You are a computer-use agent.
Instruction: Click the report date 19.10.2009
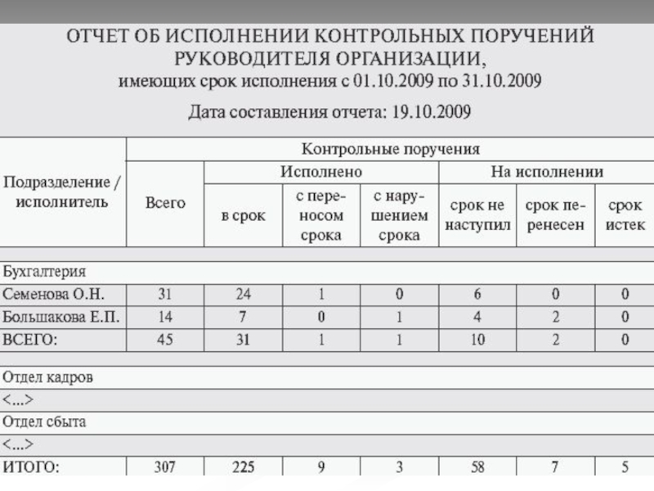pos(432,111)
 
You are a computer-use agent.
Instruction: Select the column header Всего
pos(165,202)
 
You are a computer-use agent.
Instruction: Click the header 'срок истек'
pos(625,215)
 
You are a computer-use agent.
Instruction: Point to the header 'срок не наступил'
pos(477,215)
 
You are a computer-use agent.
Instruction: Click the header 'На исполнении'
pos(547,172)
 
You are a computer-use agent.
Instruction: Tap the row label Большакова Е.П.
pos(62,317)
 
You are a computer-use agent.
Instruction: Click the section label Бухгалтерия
pos(45,271)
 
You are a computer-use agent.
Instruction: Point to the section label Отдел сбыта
pos(46,423)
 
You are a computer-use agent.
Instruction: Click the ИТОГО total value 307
pos(165,468)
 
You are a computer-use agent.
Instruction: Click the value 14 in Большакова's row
pos(165,317)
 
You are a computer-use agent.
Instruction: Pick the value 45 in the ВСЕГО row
pos(165,340)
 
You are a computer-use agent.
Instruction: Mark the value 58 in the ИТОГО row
pos(477,468)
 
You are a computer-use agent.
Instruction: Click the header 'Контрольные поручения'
pos(391,149)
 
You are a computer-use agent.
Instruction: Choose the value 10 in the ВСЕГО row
pos(477,340)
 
